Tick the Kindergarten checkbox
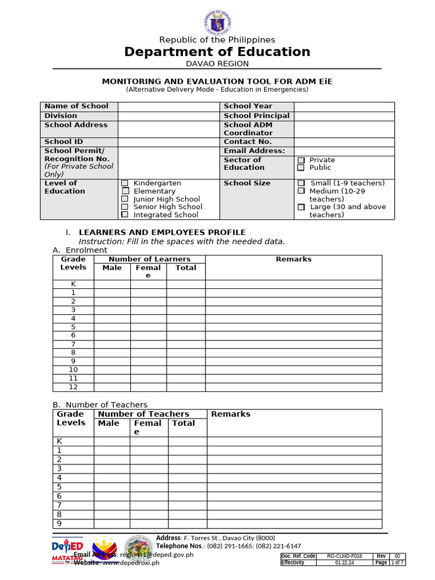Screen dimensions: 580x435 pos(125,183)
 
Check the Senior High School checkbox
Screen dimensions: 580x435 pos(125,207)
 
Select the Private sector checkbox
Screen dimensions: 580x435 pos(301,160)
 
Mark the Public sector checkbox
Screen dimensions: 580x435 pos(301,168)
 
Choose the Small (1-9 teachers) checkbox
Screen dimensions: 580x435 pos(301,183)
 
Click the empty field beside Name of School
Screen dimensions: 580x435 pos(168,106)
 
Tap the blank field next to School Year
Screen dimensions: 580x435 pos(344,106)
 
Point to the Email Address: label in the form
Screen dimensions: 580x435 pos(254,151)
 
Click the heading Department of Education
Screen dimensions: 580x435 pos(217,52)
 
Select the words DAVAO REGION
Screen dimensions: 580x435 pos(217,63)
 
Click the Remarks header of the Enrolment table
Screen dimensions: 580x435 pos(293,259)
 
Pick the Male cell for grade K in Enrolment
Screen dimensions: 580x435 pos(112,284)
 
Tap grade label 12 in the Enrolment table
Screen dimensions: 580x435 pos(73,387)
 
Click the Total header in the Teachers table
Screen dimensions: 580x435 pos(184,423)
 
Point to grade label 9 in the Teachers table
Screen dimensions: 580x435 pos(58,523)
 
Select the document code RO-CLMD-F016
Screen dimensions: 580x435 pos(344,556)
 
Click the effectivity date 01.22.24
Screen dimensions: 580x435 pos(344,563)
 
